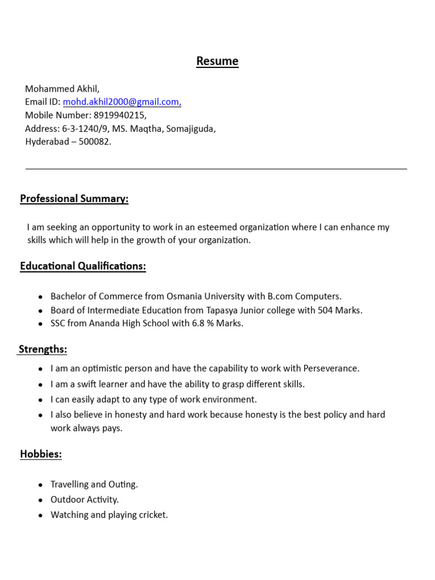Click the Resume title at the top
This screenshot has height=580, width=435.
tap(217, 61)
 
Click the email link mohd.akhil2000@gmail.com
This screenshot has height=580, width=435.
tap(122, 102)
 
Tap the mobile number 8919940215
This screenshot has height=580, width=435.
tap(120, 115)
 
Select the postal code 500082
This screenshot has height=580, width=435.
tap(95, 142)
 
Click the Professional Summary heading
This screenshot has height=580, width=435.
tap(74, 198)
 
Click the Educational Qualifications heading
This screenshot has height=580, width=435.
tap(83, 266)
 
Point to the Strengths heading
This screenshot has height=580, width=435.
tap(43, 349)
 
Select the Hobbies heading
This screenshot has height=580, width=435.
tap(41, 454)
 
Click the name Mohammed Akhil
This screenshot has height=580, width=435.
tap(62, 88)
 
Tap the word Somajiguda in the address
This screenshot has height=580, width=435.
tap(191, 129)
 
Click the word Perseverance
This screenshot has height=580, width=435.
tap(331, 368)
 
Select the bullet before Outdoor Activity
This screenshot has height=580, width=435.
tap(40, 501)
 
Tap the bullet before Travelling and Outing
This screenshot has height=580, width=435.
tap(40, 485)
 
